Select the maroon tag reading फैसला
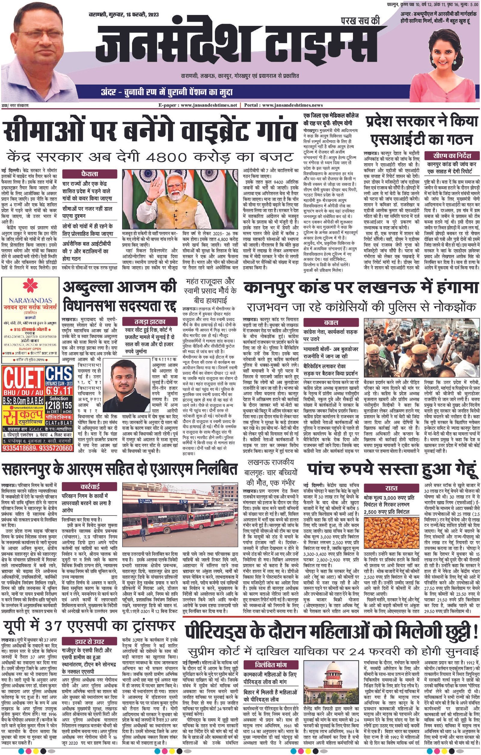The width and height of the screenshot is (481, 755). coord(89,173)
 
